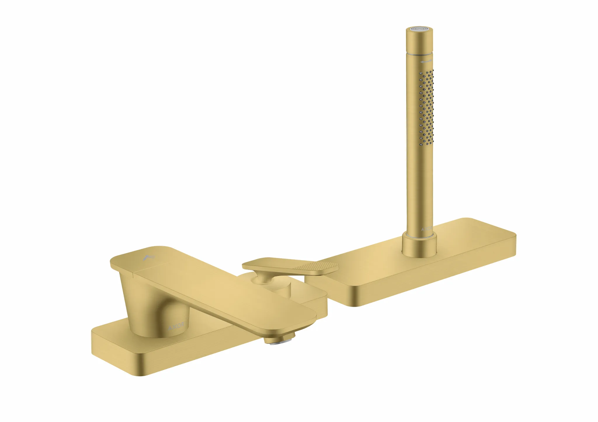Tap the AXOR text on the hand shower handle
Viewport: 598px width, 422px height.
tap(426, 229)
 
